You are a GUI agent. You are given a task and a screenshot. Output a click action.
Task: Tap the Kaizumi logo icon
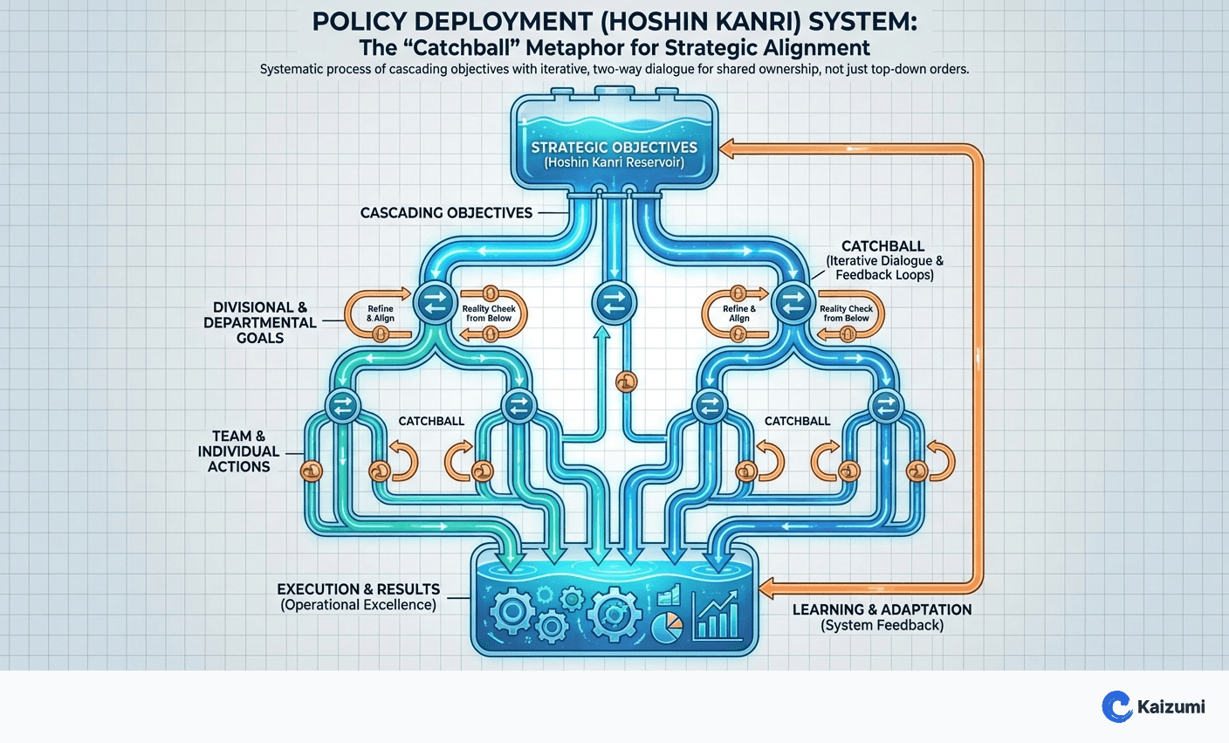[x=1116, y=706]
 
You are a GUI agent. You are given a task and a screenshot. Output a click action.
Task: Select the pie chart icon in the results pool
[x=668, y=627]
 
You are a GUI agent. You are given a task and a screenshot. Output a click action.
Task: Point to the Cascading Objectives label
[x=446, y=212]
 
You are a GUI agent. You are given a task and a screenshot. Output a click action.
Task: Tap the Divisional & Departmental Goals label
[x=259, y=322]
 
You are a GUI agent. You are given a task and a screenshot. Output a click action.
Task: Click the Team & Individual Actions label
[x=238, y=451]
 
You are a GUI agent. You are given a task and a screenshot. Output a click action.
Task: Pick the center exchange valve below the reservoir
[x=614, y=302]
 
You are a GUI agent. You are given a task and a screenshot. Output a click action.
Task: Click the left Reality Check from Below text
[x=489, y=313]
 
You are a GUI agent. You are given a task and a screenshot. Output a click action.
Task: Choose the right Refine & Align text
[x=739, y=313]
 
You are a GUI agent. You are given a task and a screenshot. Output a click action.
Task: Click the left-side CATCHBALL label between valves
[x=431, y=421]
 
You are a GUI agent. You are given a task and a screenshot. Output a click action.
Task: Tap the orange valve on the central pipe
[x=626, y=382]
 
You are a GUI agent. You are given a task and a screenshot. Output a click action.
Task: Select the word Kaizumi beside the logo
[x=1171, y=706]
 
